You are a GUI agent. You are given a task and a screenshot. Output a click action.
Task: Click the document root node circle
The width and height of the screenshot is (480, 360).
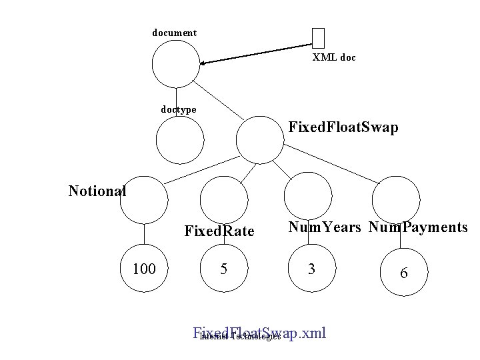175,64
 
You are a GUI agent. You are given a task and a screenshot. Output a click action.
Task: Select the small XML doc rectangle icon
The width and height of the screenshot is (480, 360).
318,39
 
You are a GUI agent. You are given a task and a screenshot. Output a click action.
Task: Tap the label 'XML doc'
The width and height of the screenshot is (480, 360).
334,58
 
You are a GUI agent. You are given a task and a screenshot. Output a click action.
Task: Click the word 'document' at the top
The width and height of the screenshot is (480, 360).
174,33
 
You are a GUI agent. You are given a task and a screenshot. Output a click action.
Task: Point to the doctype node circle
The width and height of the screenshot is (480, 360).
179,140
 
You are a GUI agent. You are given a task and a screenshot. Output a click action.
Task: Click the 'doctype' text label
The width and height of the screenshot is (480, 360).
178,109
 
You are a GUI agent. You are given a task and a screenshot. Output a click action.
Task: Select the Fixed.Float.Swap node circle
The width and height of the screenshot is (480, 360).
259,140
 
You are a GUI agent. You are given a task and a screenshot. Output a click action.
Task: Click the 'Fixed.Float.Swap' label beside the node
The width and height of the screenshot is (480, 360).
343,127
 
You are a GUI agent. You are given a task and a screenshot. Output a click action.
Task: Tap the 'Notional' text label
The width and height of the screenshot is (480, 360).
97,191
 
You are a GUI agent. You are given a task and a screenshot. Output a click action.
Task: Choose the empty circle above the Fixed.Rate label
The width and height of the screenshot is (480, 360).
225,199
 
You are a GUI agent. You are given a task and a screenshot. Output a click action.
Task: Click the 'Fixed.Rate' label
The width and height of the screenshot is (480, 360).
219,231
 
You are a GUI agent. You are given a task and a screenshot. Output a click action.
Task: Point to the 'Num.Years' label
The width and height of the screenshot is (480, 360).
325,228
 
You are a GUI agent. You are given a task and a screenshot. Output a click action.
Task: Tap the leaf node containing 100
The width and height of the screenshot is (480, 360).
144,269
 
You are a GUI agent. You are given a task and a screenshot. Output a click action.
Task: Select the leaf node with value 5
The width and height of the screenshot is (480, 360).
225,269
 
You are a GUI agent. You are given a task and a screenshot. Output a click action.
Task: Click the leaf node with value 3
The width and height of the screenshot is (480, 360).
309,269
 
